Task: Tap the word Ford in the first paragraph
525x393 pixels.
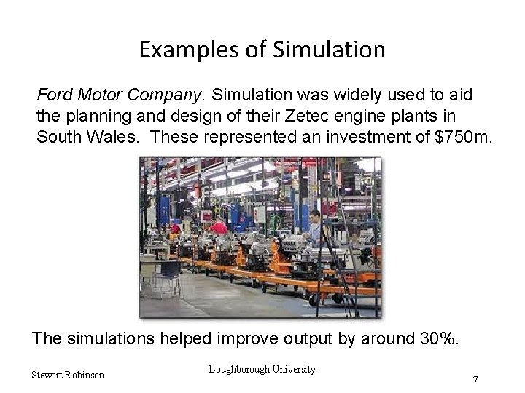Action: point(54,95)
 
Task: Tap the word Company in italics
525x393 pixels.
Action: point(170,95)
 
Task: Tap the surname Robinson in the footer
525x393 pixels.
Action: point(85,375)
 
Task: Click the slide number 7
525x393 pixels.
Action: point(475,379)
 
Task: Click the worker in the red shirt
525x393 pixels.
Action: point(218,229)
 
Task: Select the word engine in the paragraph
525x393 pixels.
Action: point(362,116)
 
